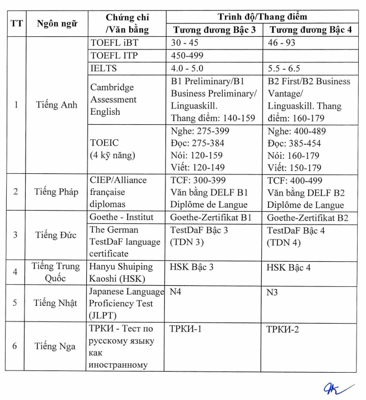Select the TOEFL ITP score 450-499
(x=187, y=55)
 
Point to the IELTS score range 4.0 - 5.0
(x=188, y=68)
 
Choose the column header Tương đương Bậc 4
(x=310, y=30)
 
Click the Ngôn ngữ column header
(x=56, y=23)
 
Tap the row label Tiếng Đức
(x=56, y=235)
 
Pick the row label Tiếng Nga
(x=55, y=346)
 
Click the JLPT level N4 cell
(x=175, y=291)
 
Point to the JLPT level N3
(x=272, y=291)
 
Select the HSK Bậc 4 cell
(x=288, y=267)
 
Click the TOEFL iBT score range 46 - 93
(x=281, y=42)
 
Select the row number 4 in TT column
(x=15, y=272)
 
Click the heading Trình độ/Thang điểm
(x=261, y=17)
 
